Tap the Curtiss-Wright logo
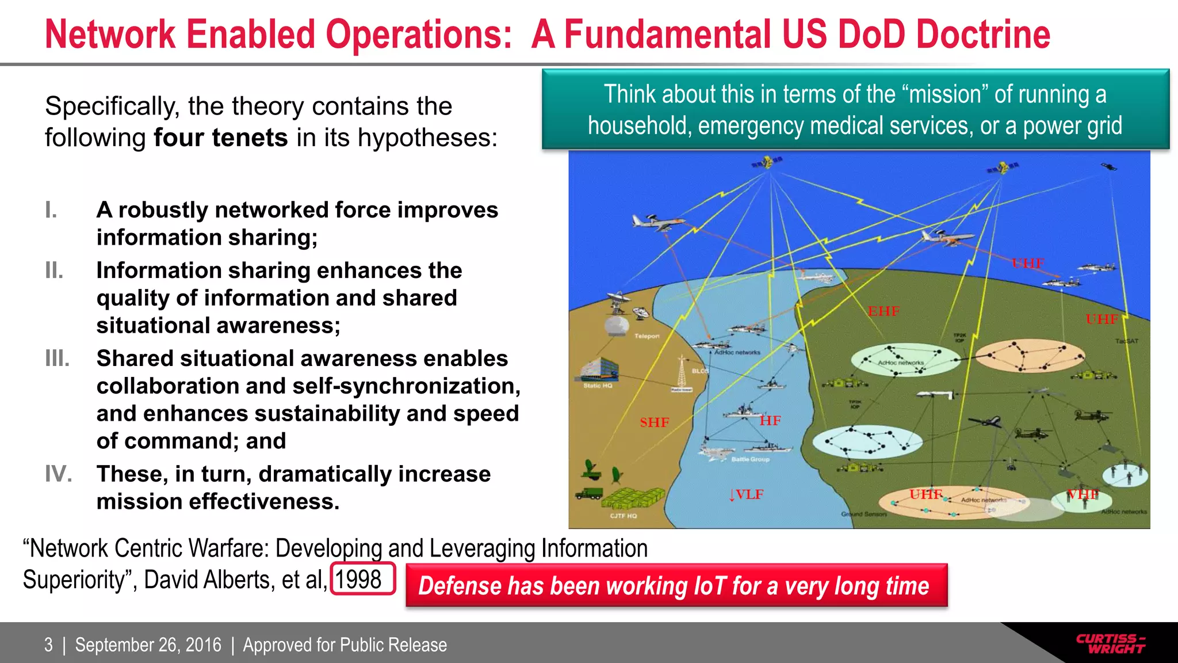(x=1110, y=643)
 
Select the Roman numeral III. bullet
(x=58, y=359)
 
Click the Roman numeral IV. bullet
(x=59, y=474)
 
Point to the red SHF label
(x=655, y=422)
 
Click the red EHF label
(x=883, y=311)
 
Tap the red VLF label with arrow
(x=746, y=494)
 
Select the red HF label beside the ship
(x=770, y=421)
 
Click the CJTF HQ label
(x=624, y=516)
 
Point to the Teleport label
(x=647, y=336)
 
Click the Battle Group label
(x=750, y=459)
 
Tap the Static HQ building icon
(x=598, y=369)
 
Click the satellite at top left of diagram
(x=768, y=162)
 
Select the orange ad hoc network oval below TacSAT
(x=1030, y=356)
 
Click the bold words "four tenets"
(x=221, y=138)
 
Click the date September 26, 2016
(x=148, y=645)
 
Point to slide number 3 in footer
(x=49, y=645)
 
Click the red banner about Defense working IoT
(x=676, y=586)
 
